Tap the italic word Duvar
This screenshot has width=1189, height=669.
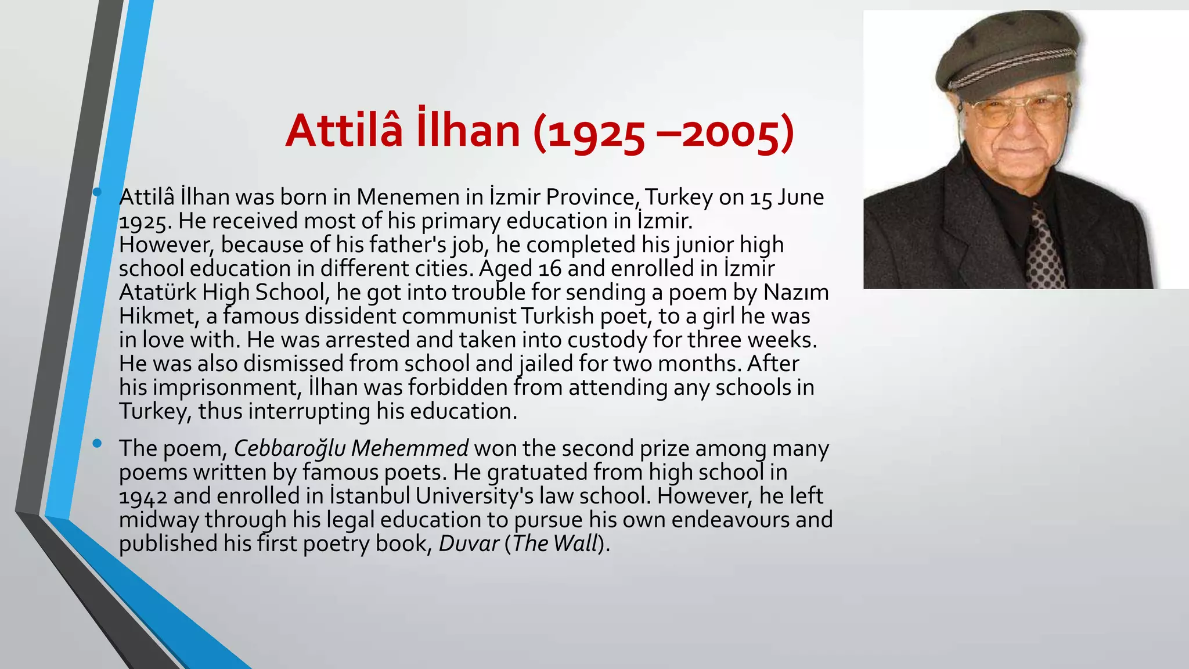pos(469,544)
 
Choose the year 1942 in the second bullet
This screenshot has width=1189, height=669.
pos(143,497)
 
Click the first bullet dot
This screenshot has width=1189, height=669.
pos(97,192)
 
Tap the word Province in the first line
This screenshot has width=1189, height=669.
pos(591,197)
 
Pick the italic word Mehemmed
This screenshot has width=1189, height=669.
pos(410,449)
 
